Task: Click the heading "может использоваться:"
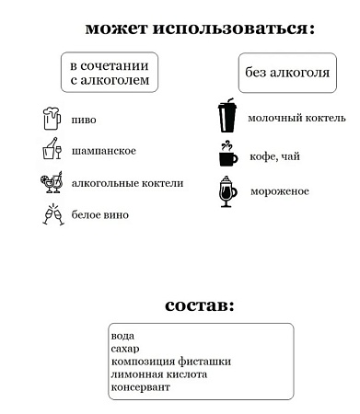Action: click(200, 29)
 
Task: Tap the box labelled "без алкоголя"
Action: click(285, 73)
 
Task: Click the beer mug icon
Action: click(52, 120)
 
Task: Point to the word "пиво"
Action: click(84, 121)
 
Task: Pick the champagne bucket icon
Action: click(52, 150)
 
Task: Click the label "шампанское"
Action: click(104, 151)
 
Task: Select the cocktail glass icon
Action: click(52, 181)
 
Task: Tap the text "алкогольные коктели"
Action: click(128, 183)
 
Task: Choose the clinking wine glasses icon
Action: click(52, 214)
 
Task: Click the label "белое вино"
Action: click(101, 215)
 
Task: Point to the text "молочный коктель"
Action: click(296, 118)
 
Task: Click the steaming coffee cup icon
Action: click(226, 155)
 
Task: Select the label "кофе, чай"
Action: click(275, 156)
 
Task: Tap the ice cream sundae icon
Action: click(227, 191)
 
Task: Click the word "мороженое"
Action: click(280, 191)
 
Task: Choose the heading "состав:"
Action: click(201, 305)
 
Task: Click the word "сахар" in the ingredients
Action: click(125, 350)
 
